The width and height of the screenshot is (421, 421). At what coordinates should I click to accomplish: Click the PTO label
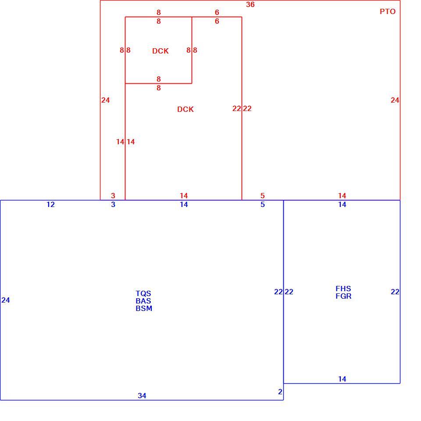pyautogui.click(x=387, y=11)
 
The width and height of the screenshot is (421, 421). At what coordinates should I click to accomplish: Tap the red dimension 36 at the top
pyautogui.click(x=250, y=4)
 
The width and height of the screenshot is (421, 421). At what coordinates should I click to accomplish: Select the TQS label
pyautogui.click(x=143, y=293)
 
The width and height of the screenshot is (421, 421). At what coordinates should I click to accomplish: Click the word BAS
pyautogui.click(x=143, y=301)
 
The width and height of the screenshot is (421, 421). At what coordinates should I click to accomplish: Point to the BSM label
pyautogui.click(x=144, y=308)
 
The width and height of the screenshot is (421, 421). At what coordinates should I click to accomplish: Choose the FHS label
pyautogui.click(x=343, y=289)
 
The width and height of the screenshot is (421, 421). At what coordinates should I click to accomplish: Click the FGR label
pyautogui.click(x=343, y=296)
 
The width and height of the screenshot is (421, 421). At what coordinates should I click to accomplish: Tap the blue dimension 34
pyautogui.click(x=142, y=396)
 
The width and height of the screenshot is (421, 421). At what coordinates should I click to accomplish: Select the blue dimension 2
pyautogui.click(x=280, y=392)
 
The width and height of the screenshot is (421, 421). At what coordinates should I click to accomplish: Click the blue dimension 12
pyautogui.click(x=50, y=205)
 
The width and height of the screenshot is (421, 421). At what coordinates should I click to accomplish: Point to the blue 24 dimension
pyautogui.click(x=6, y=300)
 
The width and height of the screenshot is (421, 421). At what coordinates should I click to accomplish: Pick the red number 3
pyautogui.click(x=113, y=196)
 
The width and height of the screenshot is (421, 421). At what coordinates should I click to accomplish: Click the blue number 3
pyautogui.click(x=113, y=205)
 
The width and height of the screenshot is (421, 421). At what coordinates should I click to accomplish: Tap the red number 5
pyautogui.click(x=263, y=196)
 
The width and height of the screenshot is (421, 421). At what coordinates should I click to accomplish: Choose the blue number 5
pyautogui.click(x=263, y=205)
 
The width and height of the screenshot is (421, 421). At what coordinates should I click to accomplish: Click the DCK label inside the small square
pyautogui.click(x=161, y=51)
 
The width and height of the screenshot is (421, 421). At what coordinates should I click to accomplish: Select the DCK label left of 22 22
pyautogui.click(x=185, y=109)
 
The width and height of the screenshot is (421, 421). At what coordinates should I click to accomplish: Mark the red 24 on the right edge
pyautogui.click(x=395, y=100)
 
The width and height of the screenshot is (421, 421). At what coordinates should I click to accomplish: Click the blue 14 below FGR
pyautogui.click(x=342, y=379)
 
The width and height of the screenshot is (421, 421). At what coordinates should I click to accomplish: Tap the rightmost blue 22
pyautogui.click(x=395, y=292)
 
